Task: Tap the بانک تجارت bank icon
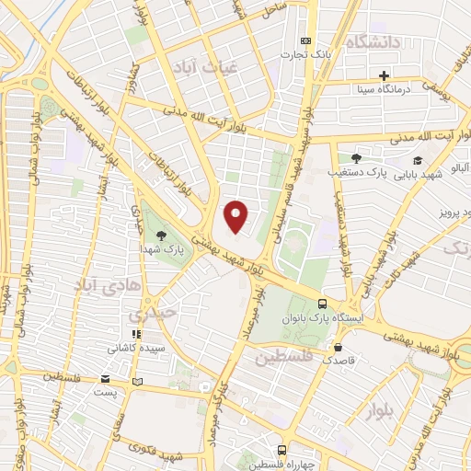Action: pos(306,41)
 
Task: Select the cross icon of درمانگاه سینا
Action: pos(384,75)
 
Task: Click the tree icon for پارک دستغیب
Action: pos(356,158)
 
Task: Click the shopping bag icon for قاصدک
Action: pos(339,348)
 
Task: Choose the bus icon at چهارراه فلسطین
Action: pos(282,451)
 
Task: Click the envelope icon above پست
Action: pos(107,379)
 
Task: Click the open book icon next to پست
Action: pos(137,380)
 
